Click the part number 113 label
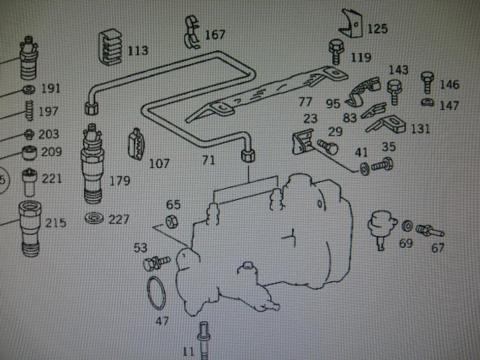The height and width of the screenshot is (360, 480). click(137, 50)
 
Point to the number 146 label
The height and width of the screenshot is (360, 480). click(449, 84)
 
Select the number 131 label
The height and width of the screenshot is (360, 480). click(420, 129)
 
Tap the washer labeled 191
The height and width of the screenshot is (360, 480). click(28, 89)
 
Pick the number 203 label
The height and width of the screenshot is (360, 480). click(48, 134)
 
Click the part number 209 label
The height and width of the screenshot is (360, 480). click(51, 152)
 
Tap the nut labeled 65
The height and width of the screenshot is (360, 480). click(171, 222)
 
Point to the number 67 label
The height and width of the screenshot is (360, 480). click(437, 248)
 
